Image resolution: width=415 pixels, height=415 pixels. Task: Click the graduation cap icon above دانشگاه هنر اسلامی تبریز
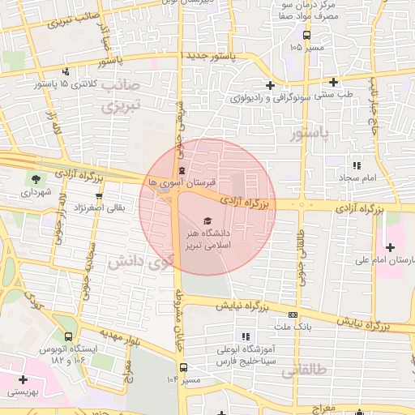[206, 220]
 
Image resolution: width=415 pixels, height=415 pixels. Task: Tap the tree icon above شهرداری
[36, 180]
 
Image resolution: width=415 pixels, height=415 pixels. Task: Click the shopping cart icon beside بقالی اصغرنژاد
[99, 195]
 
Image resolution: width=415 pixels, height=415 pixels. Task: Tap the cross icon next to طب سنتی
[333, 82]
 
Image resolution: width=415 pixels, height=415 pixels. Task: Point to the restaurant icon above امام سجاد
[356, 165]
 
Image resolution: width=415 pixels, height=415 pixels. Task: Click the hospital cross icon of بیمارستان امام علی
[391, 246]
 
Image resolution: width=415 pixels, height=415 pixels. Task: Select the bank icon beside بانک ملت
[293, 314]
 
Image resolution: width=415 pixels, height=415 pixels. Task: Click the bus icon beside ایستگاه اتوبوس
[68, 336]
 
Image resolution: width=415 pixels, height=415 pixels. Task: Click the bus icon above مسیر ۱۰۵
[306, 36]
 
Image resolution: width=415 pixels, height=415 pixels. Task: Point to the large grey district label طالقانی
[302, 371]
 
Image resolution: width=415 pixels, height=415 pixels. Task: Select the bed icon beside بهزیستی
[24, 379]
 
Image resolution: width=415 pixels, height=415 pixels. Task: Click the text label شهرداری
[36, 193]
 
